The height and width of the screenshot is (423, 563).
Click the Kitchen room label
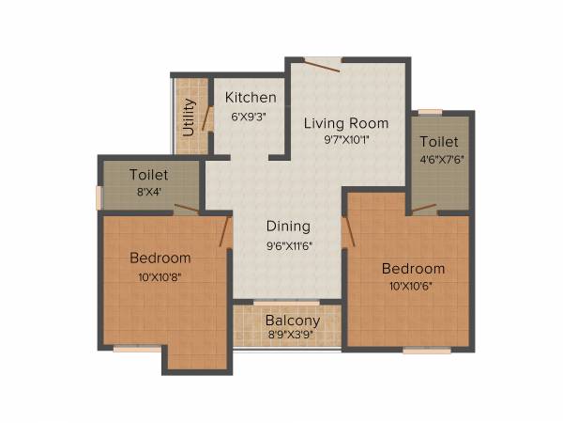[251, 98]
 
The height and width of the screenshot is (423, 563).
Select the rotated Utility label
[189, 117]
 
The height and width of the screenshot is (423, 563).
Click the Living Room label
[345, 123]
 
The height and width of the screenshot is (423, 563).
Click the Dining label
[288, 227]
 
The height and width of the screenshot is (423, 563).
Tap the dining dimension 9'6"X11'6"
[288, 245]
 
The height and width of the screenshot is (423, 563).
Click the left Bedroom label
[160, 258]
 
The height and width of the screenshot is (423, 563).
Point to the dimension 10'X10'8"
[160, 276]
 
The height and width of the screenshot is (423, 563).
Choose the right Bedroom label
[413, 269]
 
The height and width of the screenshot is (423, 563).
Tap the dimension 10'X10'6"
[413, 288]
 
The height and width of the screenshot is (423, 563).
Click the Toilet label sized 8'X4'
[149, 175]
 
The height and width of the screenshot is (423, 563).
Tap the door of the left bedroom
[226, 230]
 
